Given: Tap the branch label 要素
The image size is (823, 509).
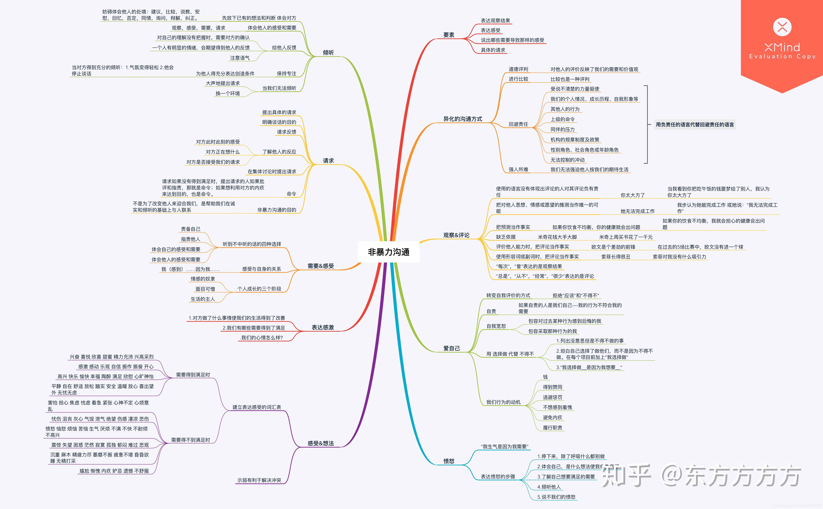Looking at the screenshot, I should tap(448, 35).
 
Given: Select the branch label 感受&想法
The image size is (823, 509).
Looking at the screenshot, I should tap(320, 443).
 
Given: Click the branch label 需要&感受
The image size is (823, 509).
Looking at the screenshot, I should tap(320, 266).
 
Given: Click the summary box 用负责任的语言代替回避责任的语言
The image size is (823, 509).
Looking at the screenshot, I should tap(695, 125).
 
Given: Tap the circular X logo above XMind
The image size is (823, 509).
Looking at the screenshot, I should tap(782, 27).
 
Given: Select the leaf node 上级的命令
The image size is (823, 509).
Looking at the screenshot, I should tap(562, 119).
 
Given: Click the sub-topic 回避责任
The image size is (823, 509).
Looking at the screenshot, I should tap(518, 124).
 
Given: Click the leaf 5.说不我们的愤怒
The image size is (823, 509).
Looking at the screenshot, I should tap(556, 497).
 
